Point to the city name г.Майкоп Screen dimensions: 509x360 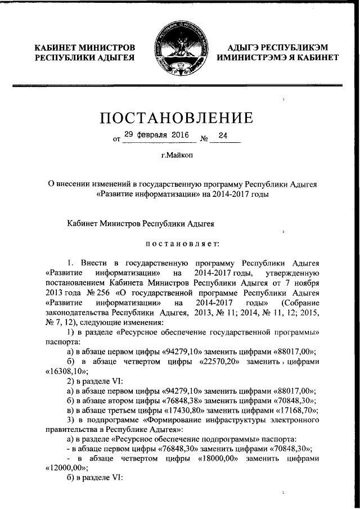point(176,156)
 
